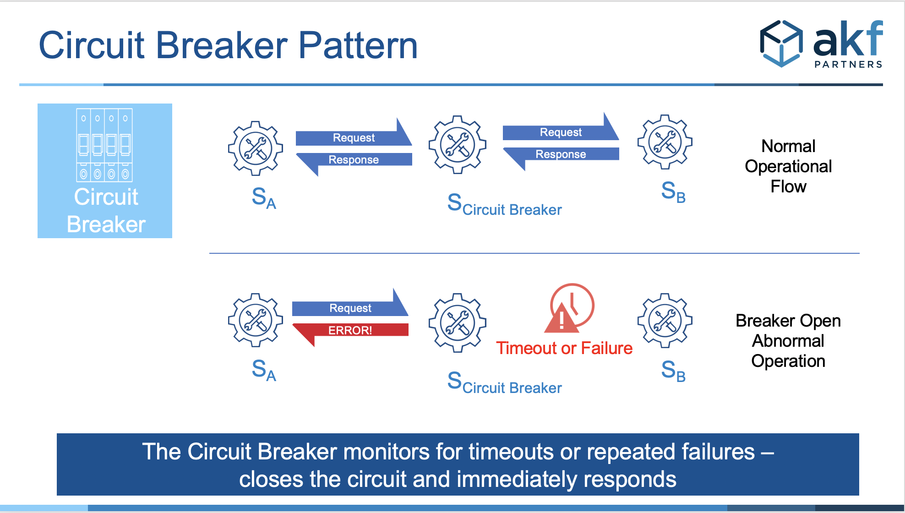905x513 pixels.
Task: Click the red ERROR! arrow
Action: [350, 330]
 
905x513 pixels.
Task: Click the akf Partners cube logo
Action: [781, 44]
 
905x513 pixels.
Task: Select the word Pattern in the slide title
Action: [358, 45]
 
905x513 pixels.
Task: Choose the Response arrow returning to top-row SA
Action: [354, 160]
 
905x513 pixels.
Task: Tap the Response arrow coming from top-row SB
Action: [561, 154]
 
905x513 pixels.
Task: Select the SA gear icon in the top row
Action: [256, 148]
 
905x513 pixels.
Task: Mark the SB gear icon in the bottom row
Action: [665, 321]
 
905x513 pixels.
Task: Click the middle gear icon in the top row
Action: [457, 145]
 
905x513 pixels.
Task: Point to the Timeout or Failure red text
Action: [564, 349]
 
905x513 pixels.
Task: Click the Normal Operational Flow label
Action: [788, 166]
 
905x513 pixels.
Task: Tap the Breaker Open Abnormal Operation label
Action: [788, 341]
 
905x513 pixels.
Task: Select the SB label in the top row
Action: [673, 191]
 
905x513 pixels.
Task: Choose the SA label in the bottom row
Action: [264, 370]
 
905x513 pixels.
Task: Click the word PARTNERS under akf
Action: [848, 65]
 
